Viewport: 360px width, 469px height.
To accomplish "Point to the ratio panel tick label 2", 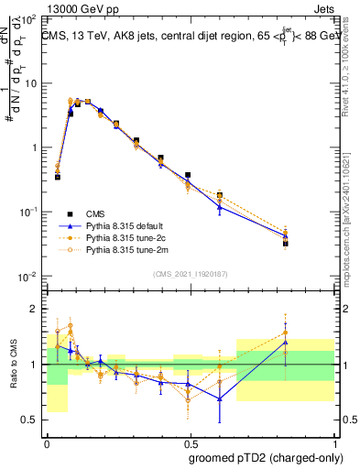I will click(35, 309).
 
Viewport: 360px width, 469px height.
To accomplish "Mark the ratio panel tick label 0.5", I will click(30, 420).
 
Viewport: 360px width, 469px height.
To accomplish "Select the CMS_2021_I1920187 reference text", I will click(191, 274).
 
